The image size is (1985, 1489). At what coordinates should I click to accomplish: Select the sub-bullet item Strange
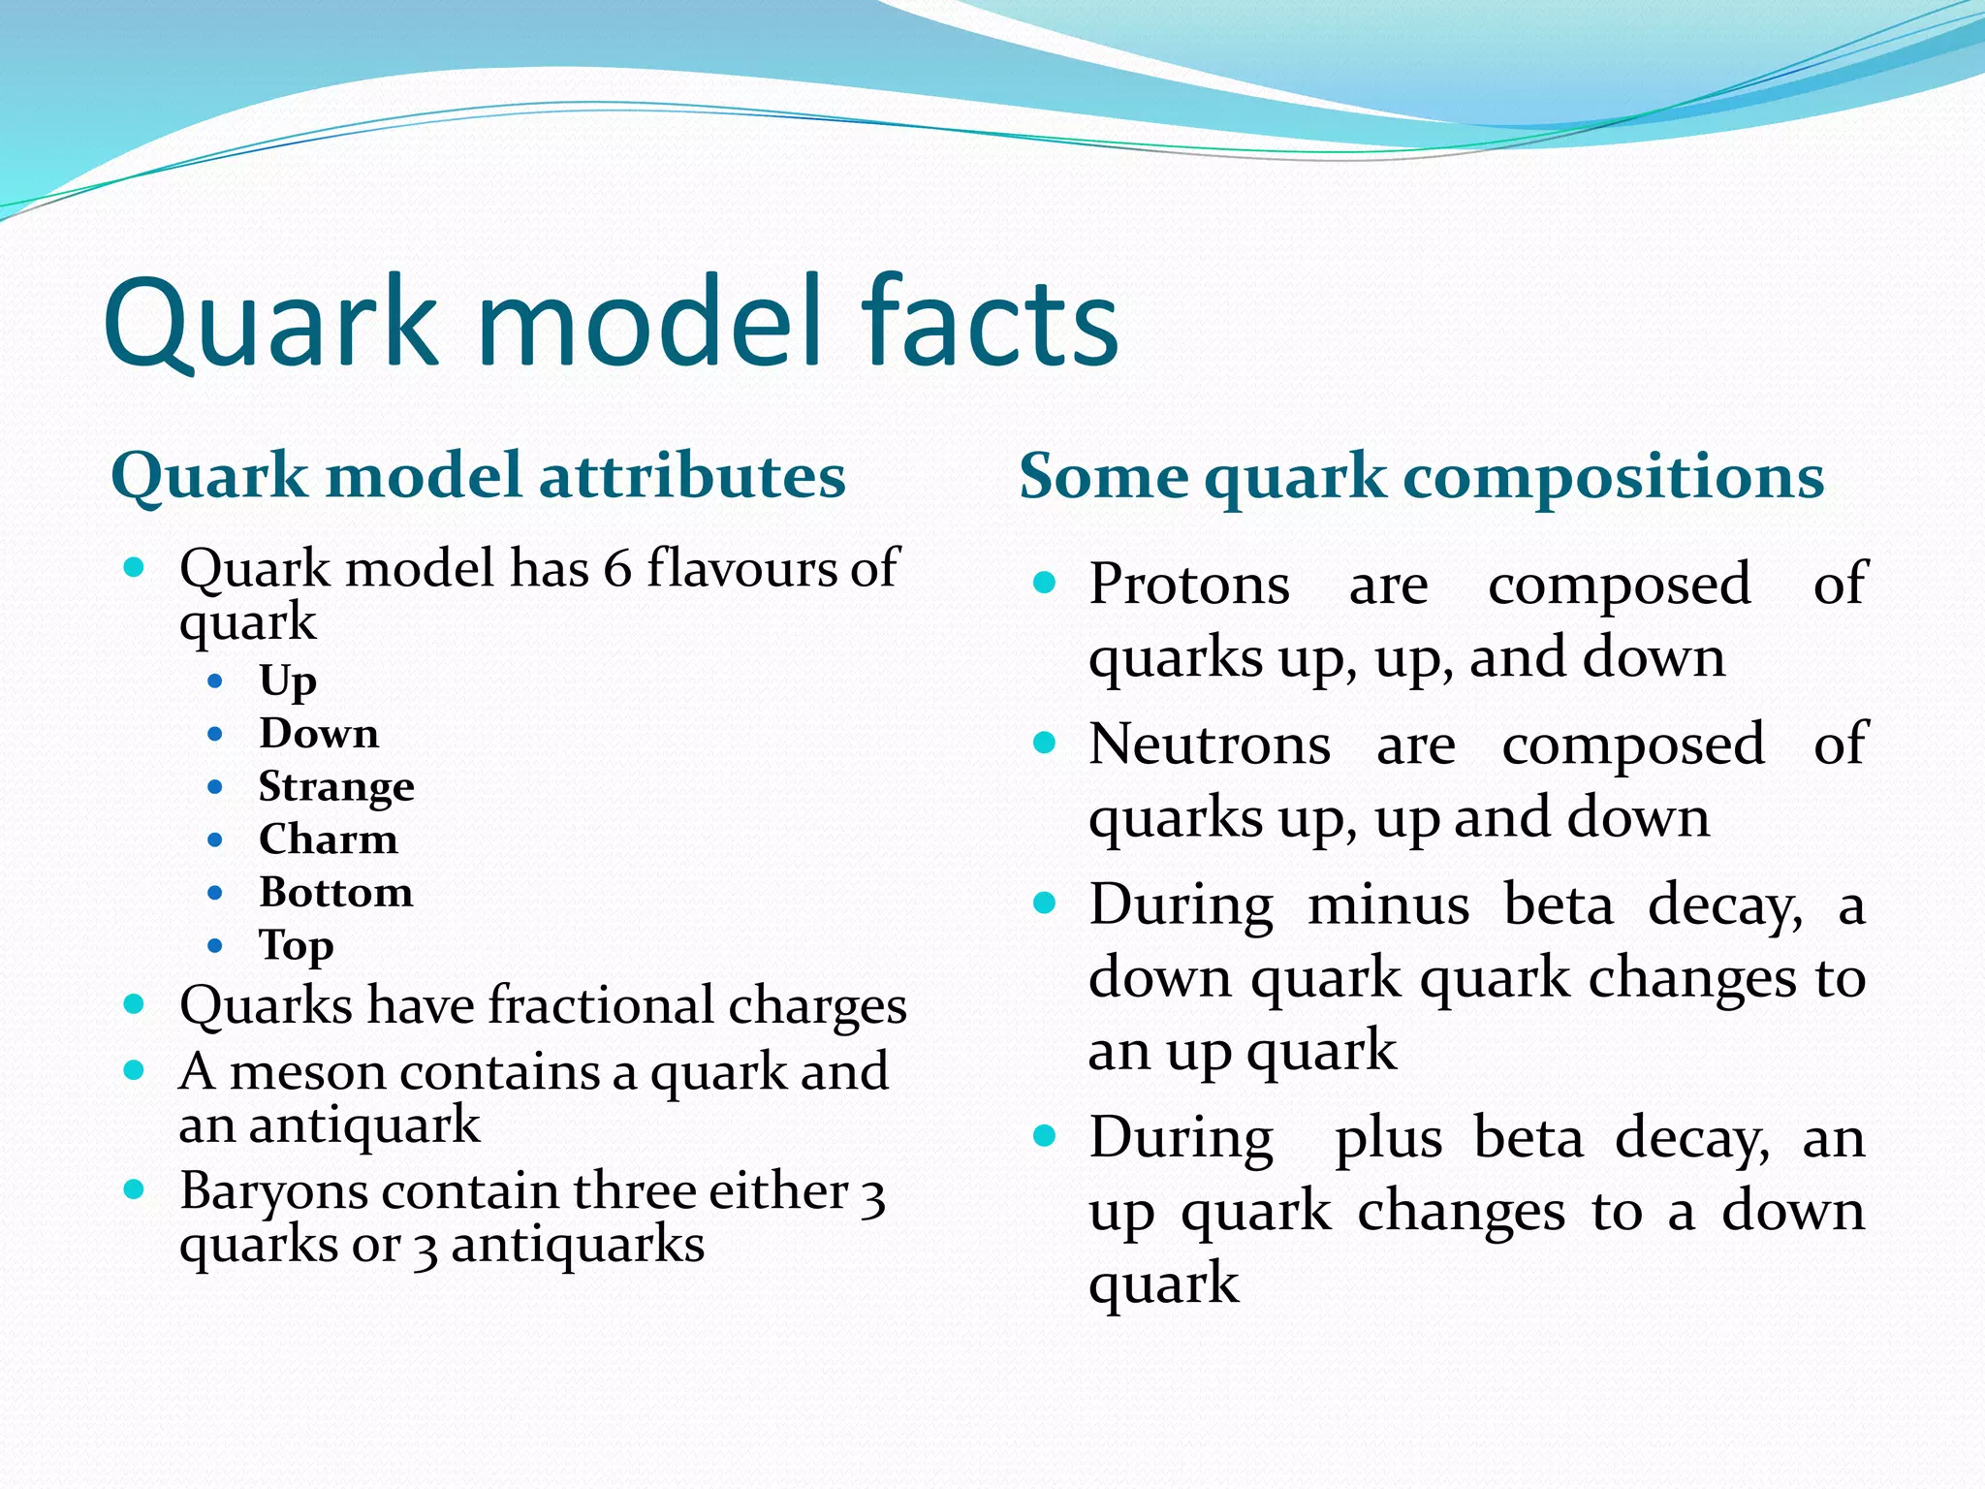tap(336, 786)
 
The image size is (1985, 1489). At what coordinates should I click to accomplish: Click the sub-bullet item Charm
tap(329, 840)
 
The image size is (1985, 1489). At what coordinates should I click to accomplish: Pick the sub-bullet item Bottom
tap(335, 893)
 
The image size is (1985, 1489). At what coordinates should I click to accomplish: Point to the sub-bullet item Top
tap(296, 946)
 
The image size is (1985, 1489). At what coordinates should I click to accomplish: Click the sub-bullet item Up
tap(287, 681)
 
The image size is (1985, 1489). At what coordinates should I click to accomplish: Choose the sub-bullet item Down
tap(319, 734)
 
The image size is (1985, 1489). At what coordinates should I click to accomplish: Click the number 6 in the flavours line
tap(617, 568)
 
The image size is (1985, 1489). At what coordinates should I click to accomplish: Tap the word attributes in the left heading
tap(691, 477)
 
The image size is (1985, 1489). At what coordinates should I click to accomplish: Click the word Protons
tap(1189, 585)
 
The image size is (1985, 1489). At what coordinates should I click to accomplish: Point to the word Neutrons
tap(1210, 744)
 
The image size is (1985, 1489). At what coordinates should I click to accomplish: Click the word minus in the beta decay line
tap(1388, 905)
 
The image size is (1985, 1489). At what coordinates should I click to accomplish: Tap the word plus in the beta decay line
tap(1388, 1140)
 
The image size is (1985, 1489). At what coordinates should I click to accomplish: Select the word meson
tap(307, 1072)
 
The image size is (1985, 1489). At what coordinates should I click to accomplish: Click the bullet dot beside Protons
tap(1044, 583)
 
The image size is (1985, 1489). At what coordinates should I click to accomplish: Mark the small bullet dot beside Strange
tap(215, 786)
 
